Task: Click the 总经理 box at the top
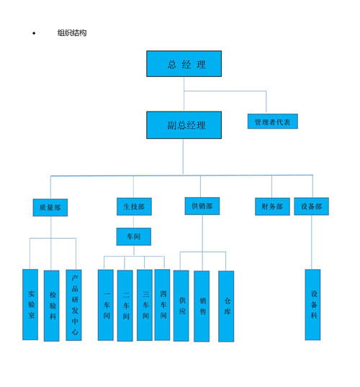pyautogui.click(x=184, y=64)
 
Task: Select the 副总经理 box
pyautogui.click(x=184, y=125)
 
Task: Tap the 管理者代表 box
pyautogui.click(x=273, y=121)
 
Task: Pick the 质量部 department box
pyautogui.click(x=50, y=208)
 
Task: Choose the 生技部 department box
pyautogui.click(x=134, y=206)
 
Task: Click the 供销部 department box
pyautogui.click(x=202, y=206)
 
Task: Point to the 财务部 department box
pyautogui.click(x=272, y=206)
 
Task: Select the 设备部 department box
pyautogui.click(x=311, y=206)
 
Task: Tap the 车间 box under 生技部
pyautogui.click(x=134, y=237)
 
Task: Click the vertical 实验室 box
pyautogui.click(x=30, y=304)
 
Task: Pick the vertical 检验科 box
pyautogui.click(x=52, y=306)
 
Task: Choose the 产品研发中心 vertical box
pyautogui.click(x=73, y=305)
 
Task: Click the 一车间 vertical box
pyautogui.click(x=106, y=305)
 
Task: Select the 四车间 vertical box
pyautogui.click(x=162, y=305)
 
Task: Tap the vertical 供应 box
pyautogui.click(x=181, y=306)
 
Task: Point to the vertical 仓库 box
pyautogui.click(x=226, y=306)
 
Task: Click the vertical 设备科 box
pyautogui.click(x=312, y=305)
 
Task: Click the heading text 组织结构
pyautogui.click(x=72, y=33)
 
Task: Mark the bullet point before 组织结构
pyautogui.click(x=34, y=33)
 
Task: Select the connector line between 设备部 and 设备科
pyautogui.click(x=312, y=242)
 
